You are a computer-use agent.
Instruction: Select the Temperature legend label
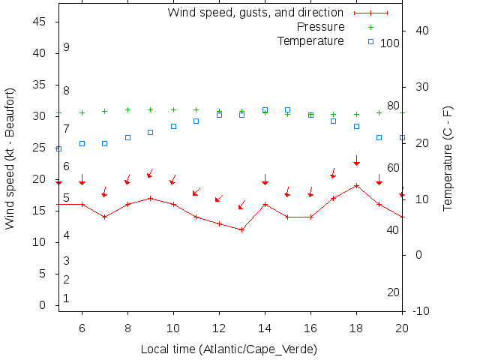pyautogui.click(x=310, y=40)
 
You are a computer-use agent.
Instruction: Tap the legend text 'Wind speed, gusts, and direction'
pyautogui.click(x=255, y=13)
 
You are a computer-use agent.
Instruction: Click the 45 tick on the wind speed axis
pyautogui.click(x=40, y=22)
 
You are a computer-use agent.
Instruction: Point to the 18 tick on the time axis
pyautogui.click(x=356, y=328)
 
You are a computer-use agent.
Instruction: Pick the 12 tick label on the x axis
pyautogui.click(x=219, y=328)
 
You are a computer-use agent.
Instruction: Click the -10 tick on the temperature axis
pyautogui.click(x=421, y=311)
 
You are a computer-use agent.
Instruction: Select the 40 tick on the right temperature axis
pyautogui.click(x=421, y=31)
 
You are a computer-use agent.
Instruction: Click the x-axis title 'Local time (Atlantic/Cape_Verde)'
pyautogui.click(x=229, y=349)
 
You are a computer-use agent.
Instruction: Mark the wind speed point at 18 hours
pyautogui.click(x=356, y=185)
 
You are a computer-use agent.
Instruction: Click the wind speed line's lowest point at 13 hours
pyautogui.click(x=242, y=229)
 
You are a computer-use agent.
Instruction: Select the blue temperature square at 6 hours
pyautogui.click(x=82, y=143)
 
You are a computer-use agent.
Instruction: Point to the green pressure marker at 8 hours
pyautogui.click(x=127, y=109)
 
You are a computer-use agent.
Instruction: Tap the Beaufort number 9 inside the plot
pyautogui.click(x=66, y=47)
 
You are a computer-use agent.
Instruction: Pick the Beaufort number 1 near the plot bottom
pyautogui.click(x=66, y=298)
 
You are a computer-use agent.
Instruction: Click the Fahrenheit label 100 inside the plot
pyautogui.click(x=390, y=43)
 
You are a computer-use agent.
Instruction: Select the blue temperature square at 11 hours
pyautogui.click(x=196, y=121)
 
